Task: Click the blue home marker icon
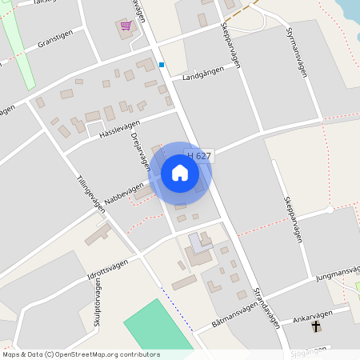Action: [180, 173]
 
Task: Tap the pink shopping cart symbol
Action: [126, 26]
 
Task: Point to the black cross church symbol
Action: [316, 326]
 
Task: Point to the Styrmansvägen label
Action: [297, 51]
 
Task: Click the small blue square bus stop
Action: [162, 65]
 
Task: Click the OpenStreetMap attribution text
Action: [81, 354]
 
